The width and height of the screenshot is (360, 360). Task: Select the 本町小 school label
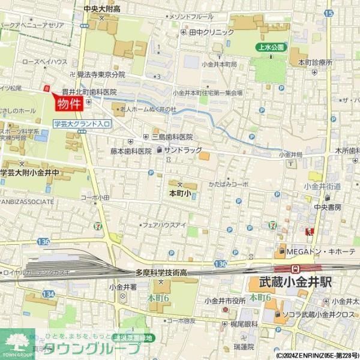pyautogui.click(x=179, y=194)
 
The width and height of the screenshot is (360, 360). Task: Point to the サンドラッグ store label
pyautogui.click(x=182, y=151)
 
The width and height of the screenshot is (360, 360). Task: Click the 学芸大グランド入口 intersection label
pyautogui.click(x=82, y=124)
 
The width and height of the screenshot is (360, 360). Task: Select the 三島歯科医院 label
pyautogui.click(x=172, y=137)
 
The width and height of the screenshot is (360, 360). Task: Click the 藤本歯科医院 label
pyautogui.click(x=131, y=151)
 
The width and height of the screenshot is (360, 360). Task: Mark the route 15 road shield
pyautogui.click(x=328, y=12)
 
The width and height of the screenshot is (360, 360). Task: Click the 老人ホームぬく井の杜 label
pyautogui.click(x=148, y=109)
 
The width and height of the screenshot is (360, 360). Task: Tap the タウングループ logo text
pyautogui.click(x=93, y=349)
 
